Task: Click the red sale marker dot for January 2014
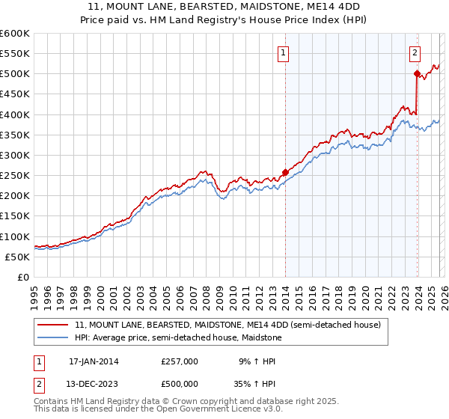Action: (285, 172)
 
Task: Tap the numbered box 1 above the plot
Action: (285, 52)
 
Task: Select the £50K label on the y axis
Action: (17, 257)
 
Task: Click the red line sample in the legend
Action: (54, 325)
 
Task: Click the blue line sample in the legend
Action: (54, 338)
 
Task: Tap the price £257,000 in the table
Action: (180, 361)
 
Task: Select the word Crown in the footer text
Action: (183, 402)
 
